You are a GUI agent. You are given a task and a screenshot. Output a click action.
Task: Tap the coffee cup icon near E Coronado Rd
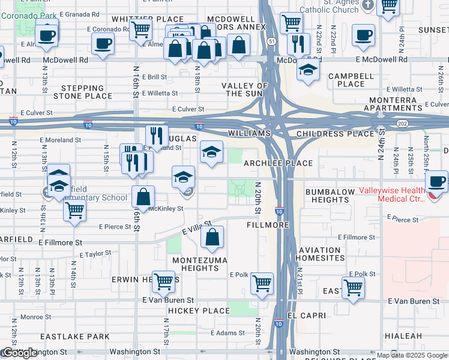click(x=103, y=43)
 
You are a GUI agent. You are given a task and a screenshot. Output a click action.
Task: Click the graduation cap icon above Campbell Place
click(x=308, y=70)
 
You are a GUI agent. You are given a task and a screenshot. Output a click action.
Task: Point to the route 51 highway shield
click(x=272, y=41)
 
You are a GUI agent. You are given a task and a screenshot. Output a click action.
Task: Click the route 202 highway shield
click(x=402, y=122)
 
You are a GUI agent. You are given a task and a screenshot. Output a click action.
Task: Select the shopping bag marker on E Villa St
click(x=212, y=238)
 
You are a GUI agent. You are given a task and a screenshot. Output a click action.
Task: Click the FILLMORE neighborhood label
click(x=268, y=226)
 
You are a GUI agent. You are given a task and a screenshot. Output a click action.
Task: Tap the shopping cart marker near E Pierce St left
click(x=74, y=211)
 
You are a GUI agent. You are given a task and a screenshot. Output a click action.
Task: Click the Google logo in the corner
click(x=19, y=353)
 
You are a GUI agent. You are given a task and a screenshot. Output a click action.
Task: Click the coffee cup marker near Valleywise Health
click(x=436, y=181)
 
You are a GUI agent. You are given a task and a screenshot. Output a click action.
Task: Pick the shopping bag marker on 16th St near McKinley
click(x=143, y=196)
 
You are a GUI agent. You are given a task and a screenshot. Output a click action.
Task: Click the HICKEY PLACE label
click(x=199, y=311)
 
